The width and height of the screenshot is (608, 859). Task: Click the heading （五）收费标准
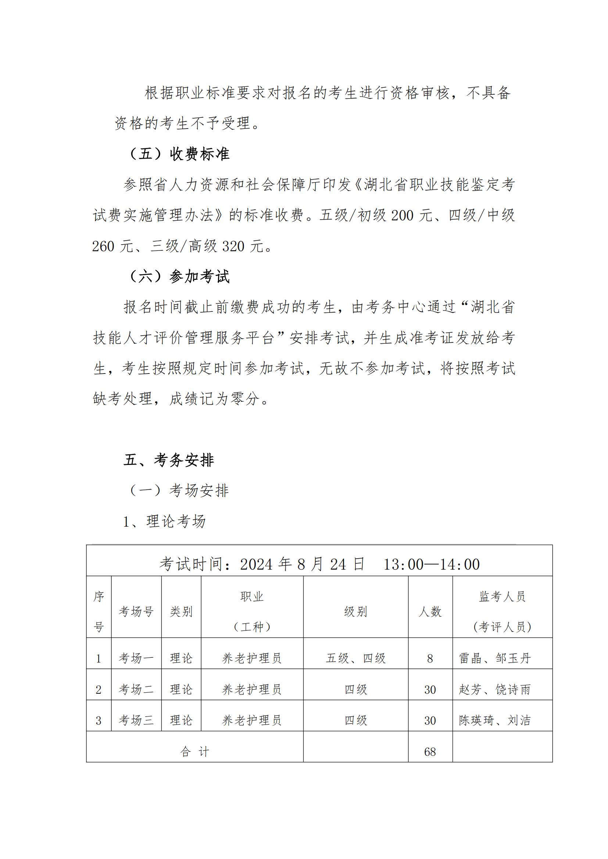coord(179,154)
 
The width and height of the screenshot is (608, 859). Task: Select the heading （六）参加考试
coord(179,277)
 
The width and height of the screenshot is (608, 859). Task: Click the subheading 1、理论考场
coord(164,521)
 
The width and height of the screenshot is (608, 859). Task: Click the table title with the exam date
coord(319,564)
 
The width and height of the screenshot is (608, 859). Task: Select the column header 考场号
coord(136,611)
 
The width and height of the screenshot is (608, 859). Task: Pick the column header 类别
coord(181,611)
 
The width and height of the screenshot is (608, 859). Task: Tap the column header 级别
coord(355,611)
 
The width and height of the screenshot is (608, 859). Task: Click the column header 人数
coord(430,611)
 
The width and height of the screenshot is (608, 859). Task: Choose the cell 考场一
coord(136,658)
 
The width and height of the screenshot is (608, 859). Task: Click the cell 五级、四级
coord(355,658)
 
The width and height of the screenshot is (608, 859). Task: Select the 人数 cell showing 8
coord(430,658)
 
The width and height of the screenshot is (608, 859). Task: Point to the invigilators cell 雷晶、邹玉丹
coord(494,658)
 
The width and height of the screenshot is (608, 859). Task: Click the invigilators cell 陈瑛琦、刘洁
coord(494,720)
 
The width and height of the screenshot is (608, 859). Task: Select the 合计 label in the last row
coord(195,752)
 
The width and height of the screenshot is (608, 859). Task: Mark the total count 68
coord(430,752)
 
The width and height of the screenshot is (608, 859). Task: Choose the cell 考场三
coord(136,720)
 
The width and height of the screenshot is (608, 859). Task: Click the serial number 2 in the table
coord(99,690)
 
